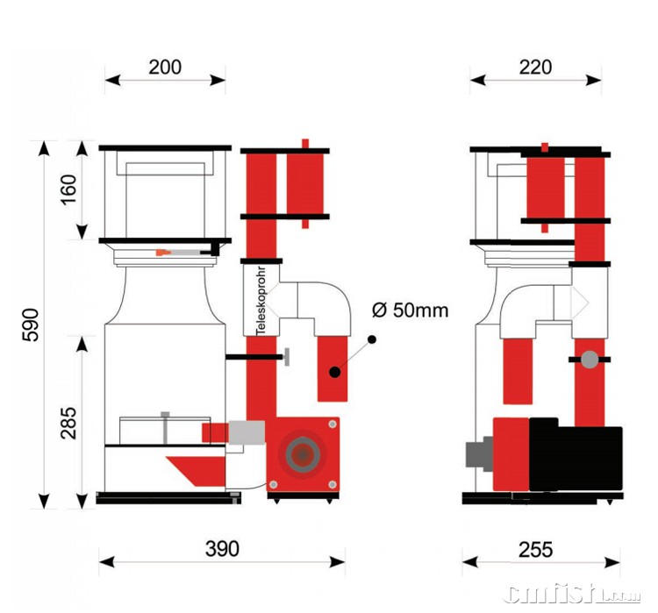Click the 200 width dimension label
point(164,67)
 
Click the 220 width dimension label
point(535,67)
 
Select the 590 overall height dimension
point(30,325)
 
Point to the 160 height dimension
point(69,190)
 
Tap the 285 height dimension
point(69,422)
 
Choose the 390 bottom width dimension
point(221,549)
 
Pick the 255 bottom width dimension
point(535,549)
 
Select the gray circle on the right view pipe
point(590,359)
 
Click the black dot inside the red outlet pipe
point(335,372)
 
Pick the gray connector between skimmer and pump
point(247,432)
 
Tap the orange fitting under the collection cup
point(162,253)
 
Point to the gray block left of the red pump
point(479,453)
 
